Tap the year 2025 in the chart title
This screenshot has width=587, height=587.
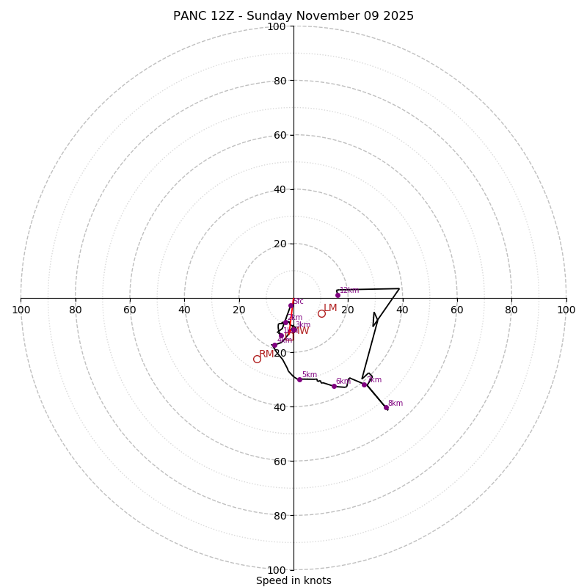pos(398,16)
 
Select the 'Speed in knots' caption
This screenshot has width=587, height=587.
pos(293,580)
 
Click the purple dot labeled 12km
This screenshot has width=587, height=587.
pos(338,295)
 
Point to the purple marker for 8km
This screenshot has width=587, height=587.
pos(386,407)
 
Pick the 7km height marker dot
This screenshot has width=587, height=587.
pos(364,384)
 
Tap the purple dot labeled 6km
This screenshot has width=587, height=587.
pos(334,386)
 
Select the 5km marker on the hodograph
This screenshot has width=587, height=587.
pos(299,379)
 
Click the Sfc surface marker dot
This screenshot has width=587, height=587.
pos(291,305)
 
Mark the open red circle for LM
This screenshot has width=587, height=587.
pos(321,313)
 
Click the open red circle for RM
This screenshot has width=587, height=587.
pos(257,359)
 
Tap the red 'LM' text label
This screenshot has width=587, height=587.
pos(330,308)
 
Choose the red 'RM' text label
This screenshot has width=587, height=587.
pos(266,354)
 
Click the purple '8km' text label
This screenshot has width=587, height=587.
pos(395,404)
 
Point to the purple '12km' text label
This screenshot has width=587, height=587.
pos(349,291)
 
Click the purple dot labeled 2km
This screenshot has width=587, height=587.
pos(286,322)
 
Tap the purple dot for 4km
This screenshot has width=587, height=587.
pos(274,345)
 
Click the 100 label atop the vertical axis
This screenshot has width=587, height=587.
pos(277,26)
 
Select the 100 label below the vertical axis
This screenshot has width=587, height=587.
pos(277,569)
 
